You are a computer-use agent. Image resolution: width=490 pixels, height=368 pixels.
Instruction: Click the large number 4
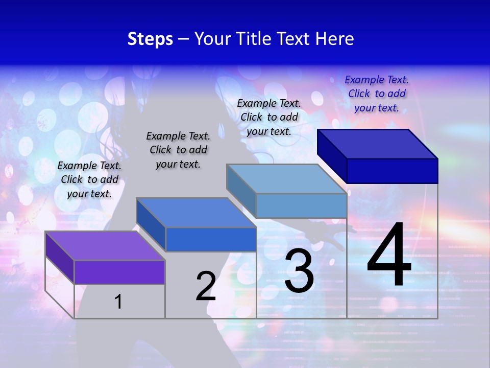tap(389, 257)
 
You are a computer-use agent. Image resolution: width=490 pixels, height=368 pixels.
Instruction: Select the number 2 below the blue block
tap(206, 286)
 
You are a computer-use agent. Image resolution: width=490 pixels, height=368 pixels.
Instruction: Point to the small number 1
tap(118, 302)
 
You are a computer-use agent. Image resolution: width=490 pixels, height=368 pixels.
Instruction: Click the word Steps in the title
tap(150, 38)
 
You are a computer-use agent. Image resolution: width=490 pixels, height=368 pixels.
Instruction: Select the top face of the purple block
tap(105, 246)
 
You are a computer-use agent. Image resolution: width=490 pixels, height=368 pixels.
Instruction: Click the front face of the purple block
tap(119, 272)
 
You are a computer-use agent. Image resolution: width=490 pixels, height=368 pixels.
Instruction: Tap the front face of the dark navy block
tap(392, 171)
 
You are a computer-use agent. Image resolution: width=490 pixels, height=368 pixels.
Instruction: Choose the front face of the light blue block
tap(301, 205)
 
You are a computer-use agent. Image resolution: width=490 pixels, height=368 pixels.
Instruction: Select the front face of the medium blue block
tap(211, 239)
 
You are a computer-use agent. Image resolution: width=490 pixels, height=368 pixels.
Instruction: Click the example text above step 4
tap(377, 94)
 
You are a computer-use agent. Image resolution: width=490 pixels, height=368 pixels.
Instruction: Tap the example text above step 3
tap(269, 117)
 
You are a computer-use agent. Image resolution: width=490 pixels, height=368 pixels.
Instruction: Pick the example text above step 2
tap(178, 150)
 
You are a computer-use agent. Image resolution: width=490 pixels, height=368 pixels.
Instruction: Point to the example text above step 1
tap(89, 179)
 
